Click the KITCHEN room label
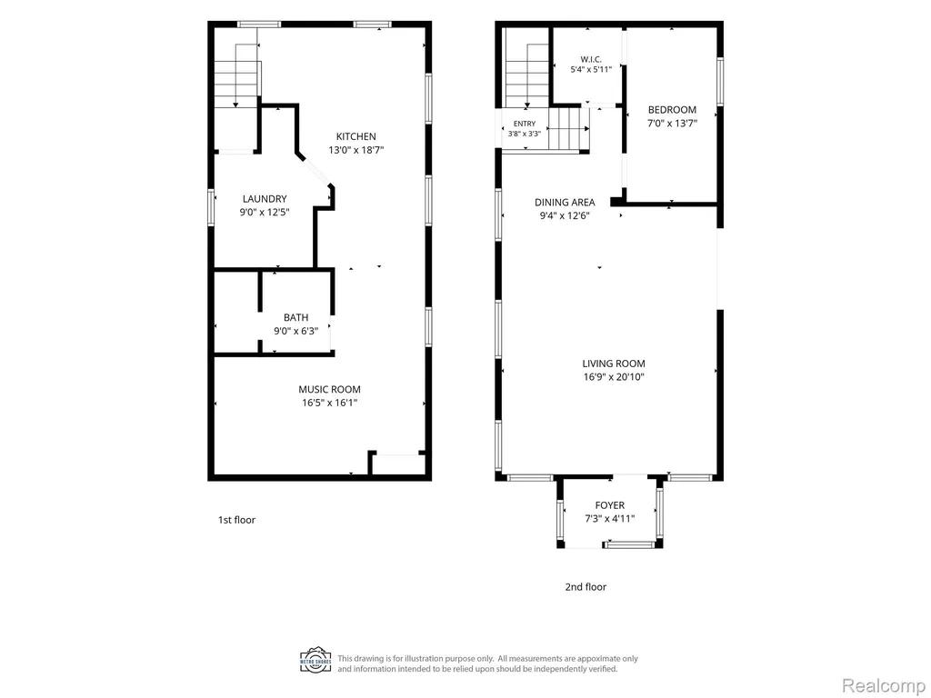[356, 136]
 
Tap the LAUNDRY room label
[265, 199]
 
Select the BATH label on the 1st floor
[295, 317]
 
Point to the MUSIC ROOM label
[329, 389]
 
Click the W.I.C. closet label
[591, 59]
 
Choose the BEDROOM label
[672, 110]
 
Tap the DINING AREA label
[565, 203]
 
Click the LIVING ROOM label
[614, 364]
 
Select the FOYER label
[610, 505]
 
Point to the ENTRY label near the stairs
[525, 124]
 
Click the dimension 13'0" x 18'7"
[356, 150]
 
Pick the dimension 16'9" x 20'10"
[614, 377]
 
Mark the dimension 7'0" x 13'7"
[672, 124]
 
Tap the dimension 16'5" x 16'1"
[329, 403]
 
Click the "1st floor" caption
[237, 520]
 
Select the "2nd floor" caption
[586, 587]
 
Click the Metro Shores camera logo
[315, 661]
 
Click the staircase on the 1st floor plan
[237, 76]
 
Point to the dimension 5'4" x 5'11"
[591, 69]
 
